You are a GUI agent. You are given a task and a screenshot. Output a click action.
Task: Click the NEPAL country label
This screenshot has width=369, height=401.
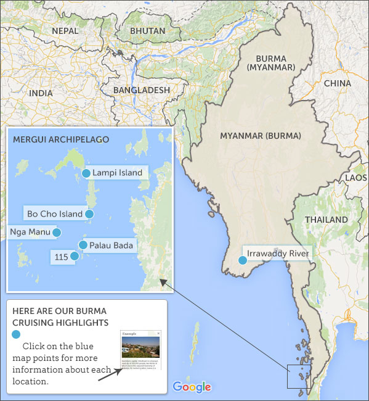[65, 30]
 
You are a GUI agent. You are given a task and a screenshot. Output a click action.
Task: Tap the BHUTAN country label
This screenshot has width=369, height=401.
[148, 30]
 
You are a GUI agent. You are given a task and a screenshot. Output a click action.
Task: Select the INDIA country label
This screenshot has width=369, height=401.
[41, 93]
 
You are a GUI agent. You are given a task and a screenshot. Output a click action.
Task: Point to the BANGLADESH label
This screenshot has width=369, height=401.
[141, 90]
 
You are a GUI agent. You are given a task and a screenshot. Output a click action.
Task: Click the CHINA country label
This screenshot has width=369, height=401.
[337, 83]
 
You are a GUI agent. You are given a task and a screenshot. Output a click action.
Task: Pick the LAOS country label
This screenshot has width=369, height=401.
[356, 177]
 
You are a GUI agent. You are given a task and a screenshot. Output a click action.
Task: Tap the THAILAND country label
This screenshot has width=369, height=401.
[326, 220]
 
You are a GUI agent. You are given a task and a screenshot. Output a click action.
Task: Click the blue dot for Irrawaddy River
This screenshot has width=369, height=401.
[243, 260]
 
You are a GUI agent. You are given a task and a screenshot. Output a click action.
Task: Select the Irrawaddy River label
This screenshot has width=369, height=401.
[277, 253]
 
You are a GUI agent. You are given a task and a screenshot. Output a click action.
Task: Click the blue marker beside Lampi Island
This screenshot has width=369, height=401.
[86, 173]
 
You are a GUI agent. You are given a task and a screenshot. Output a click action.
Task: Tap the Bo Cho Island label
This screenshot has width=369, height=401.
[54, 214]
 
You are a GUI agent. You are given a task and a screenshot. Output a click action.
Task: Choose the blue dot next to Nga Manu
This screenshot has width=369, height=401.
[56, 233]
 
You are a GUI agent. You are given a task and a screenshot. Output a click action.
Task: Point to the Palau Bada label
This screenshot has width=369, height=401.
[111, 246]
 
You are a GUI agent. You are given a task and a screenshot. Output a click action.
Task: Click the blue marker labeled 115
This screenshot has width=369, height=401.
[75, 256]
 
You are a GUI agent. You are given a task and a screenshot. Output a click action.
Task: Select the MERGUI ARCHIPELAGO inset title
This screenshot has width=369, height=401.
[60, 139]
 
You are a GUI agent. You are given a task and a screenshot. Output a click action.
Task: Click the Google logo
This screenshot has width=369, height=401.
[192, 387]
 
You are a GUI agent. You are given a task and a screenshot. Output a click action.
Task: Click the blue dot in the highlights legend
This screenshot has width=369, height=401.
[16, 334]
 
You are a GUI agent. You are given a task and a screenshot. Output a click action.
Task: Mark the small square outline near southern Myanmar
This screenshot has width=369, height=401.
[298, 376]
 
